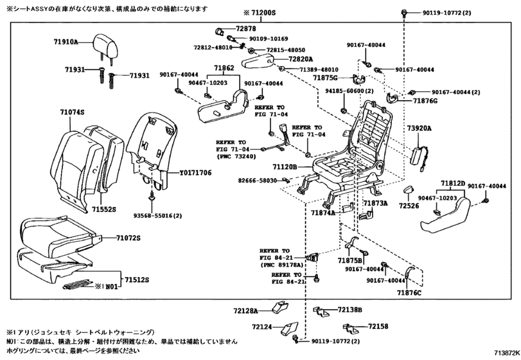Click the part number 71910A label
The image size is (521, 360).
[x=66, y=42]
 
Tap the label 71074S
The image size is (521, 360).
[x=73, y=112]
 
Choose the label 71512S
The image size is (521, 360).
[x=136, y=280]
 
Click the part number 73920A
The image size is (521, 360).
[x=419, y=129]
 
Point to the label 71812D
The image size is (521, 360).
[x=452, y=183]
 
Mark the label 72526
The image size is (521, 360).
[x=408, y=206]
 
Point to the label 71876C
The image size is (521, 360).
[x=409, y=293]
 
